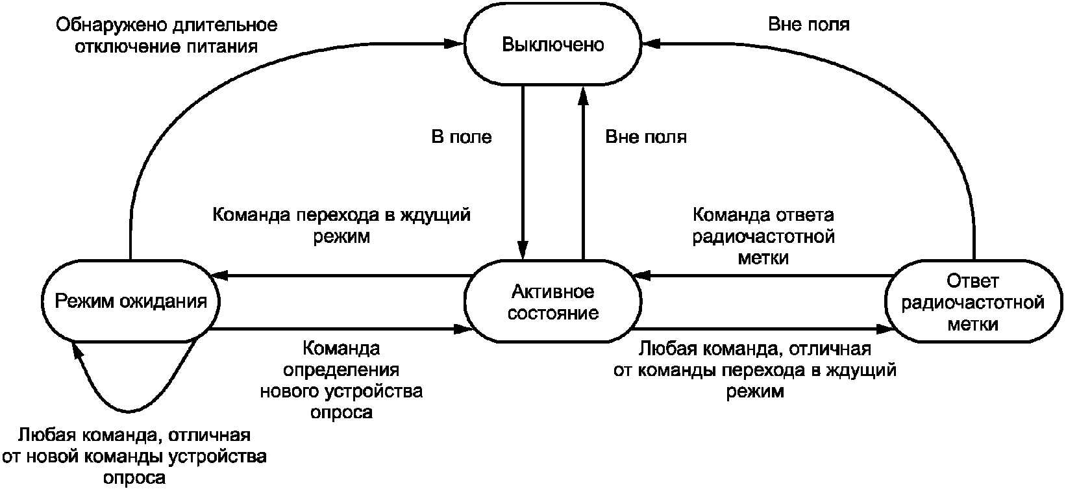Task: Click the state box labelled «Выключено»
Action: [552, 44]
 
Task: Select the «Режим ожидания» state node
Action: [130, 301]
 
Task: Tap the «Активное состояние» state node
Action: [552, 301]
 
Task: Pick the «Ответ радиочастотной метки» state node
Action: [973, 301]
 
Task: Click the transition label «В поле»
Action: [461, 137]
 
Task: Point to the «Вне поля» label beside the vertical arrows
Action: [646, 137]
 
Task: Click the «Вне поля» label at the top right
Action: [808, 24]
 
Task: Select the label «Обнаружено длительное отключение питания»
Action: [167, 36]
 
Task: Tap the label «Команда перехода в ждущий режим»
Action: [341, 225]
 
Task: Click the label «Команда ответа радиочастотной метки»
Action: [763, 236]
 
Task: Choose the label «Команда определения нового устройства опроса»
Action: [341, 380]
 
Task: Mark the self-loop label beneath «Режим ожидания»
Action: [134, 456]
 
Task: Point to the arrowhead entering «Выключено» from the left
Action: [454, 44]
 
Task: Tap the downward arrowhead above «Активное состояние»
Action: [523, 250]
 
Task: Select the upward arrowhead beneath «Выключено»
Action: [583, 95]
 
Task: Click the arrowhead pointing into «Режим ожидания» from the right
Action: [221, 275]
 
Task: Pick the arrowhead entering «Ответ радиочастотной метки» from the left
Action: [884, 329]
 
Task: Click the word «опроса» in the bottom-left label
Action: [134, 478]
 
